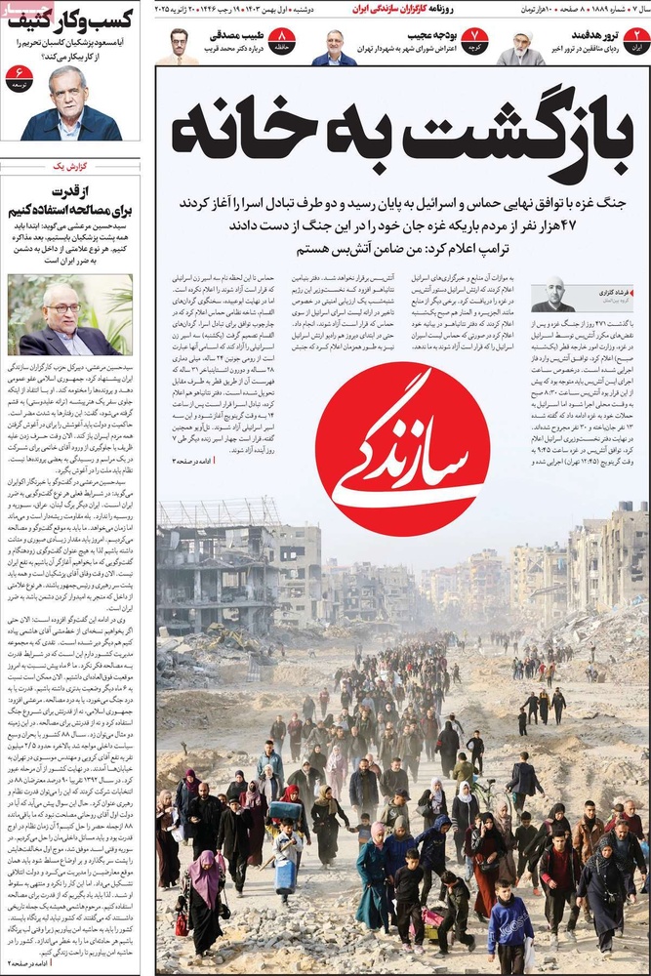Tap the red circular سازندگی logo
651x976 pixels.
pos(403,449)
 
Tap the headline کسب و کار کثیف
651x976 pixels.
pos(70,19)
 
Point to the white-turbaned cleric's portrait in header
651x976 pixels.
pos(519,47)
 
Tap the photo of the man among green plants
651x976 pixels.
pos(70,313)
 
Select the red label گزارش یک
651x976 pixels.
pos(69,167)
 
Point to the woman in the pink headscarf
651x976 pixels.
pos(207,878)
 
